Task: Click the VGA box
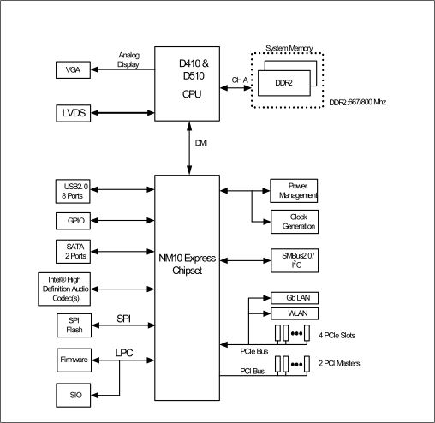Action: [73, 70]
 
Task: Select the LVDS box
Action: [74, 113]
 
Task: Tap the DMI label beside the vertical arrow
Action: [201, 143]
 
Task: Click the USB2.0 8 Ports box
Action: [73, 191]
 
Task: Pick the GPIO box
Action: [73, 221]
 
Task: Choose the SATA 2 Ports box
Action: [74, 252]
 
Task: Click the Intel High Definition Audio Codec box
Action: [64, 289]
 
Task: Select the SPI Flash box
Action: [74, 325]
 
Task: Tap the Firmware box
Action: [74, 360]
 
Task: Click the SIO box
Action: [74, 396]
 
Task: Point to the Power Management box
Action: [294, 191]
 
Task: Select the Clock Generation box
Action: [295, 222]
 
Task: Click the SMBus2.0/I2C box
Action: [295, 260]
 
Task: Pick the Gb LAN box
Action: [295, 298]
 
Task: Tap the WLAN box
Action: [295, 313]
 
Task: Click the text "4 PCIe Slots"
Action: [337, 336]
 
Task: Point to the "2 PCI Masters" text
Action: [339, 363]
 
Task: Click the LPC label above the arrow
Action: [124, 353]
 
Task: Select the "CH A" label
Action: [240, 80]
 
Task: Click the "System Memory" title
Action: [289, 48]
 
